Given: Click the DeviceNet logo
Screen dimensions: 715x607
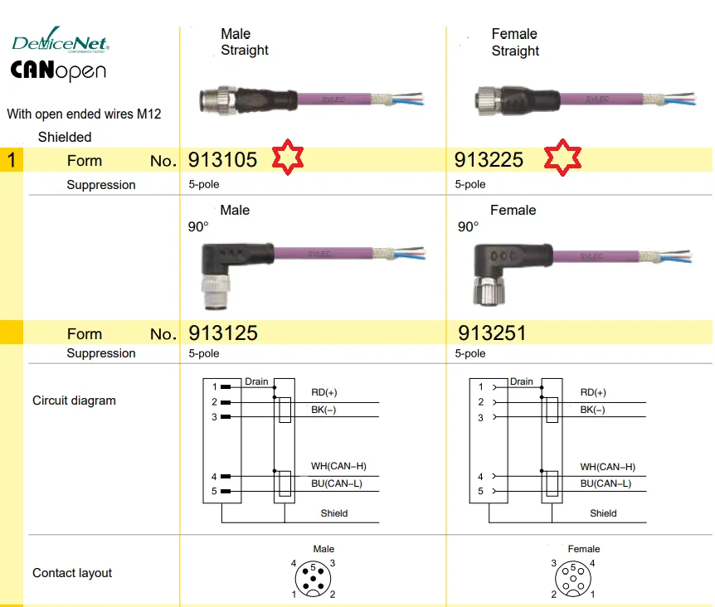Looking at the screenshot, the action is [x=60, y=42].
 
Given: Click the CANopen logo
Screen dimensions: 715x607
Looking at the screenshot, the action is [x=58, y=71].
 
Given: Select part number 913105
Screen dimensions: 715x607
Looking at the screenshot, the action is [x=223, y=159].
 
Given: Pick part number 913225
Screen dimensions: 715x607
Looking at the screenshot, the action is [x=489, y=159].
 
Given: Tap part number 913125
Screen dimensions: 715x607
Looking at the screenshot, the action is [x=223, y=333].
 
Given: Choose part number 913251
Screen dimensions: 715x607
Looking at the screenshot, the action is [x=492, y=333].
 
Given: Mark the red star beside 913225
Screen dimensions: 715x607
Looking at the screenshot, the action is [x=562, y=157].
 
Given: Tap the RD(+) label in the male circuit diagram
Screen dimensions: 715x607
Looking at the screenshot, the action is [x=324, y=392].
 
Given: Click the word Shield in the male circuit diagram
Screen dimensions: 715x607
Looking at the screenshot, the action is [x=334, y=513].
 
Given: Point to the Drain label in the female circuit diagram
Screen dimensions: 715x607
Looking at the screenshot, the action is [x=522, y=381].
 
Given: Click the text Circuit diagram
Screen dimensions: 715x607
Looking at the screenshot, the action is [x=74, y=401].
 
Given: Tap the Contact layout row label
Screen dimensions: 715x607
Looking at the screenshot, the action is [x=72, y=573].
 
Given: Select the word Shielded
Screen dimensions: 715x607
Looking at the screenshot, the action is [x=65, y=137].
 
